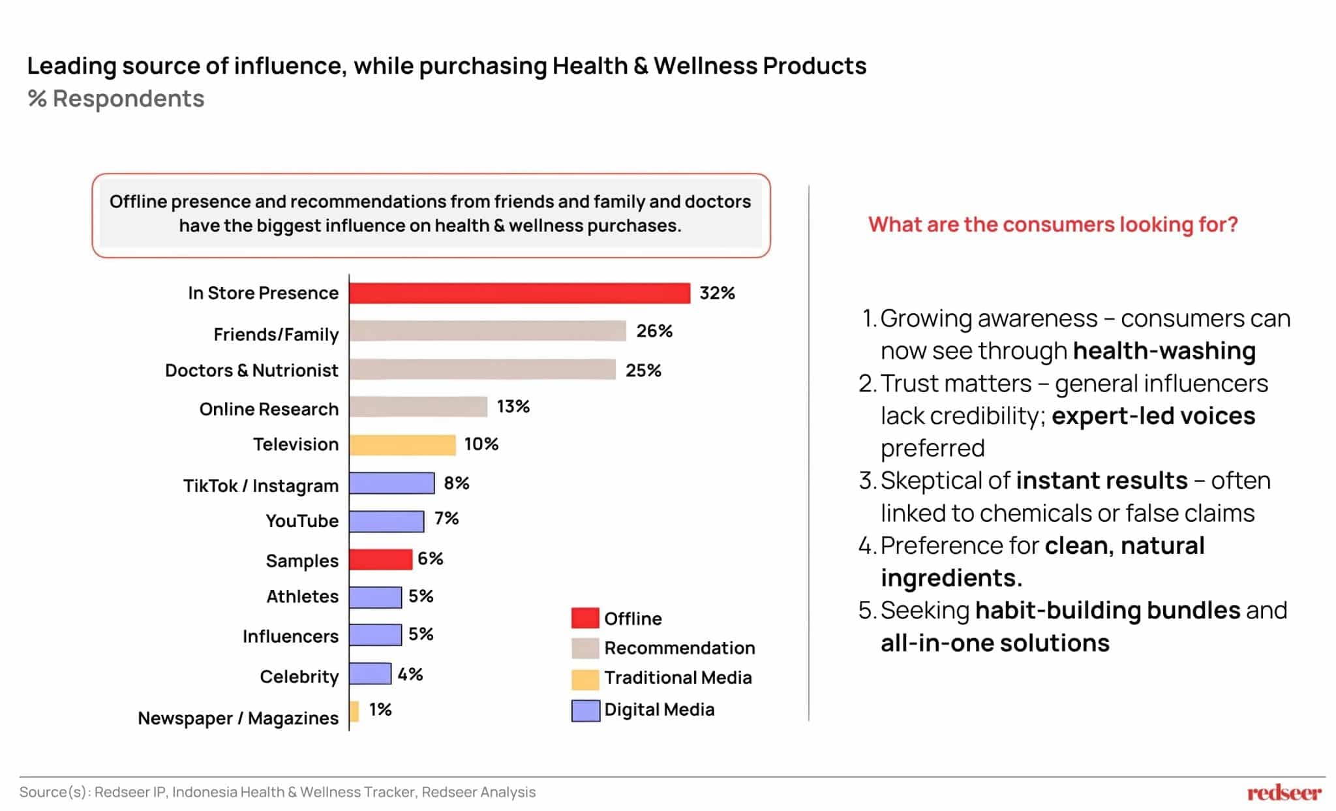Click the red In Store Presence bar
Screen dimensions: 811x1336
519,294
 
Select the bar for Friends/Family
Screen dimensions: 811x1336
487,331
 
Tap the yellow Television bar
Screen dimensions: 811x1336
402,445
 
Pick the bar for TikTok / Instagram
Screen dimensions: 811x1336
391,483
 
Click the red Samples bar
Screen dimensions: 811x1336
380,559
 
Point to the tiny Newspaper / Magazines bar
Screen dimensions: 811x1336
354,711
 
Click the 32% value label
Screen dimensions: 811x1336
717,294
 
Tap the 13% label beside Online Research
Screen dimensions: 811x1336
513,406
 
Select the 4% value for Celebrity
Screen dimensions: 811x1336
410,675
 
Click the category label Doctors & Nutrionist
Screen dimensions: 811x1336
251,371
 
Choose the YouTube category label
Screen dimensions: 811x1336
301,521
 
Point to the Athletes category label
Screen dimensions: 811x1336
302,597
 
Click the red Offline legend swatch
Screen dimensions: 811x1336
584,618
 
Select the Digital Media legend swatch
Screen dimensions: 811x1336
585,711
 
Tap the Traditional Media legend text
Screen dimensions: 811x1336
678,678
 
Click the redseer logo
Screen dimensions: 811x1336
1283,793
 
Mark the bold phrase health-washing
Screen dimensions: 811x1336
1164,351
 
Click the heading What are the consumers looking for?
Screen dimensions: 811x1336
1052,224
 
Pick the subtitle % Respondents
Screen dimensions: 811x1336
116,99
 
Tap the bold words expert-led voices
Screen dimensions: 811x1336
1153,416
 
